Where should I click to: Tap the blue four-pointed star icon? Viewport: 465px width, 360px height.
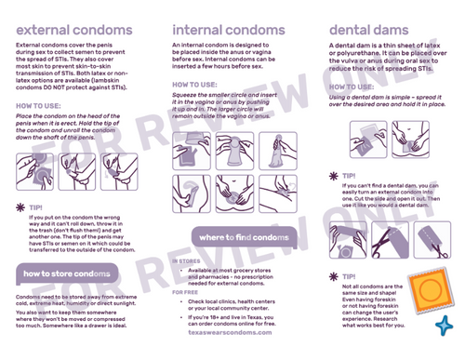(445, 326)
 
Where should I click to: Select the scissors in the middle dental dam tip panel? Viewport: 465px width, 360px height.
(380, 241)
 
